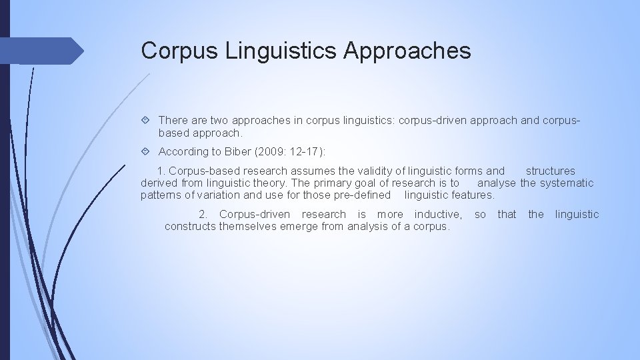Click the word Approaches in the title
(407, 51)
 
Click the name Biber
(237, 152)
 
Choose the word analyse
(497, 183)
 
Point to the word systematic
(566, 183)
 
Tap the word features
(473, 195)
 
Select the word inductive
(438, 215)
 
